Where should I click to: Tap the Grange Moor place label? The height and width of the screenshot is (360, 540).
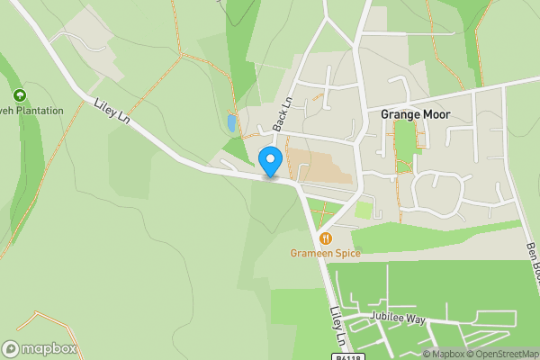414,114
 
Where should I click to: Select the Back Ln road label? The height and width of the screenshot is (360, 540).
282,115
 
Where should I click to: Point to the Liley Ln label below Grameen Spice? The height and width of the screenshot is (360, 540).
337,326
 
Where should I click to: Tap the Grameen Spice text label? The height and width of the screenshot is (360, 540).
325,254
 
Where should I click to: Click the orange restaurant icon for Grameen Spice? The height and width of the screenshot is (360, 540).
325,238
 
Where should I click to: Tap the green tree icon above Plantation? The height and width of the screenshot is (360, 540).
19,94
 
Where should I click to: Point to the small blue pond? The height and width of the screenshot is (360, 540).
232,123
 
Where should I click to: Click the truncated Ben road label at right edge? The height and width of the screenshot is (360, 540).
531,261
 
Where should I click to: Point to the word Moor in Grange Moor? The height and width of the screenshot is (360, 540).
434,114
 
